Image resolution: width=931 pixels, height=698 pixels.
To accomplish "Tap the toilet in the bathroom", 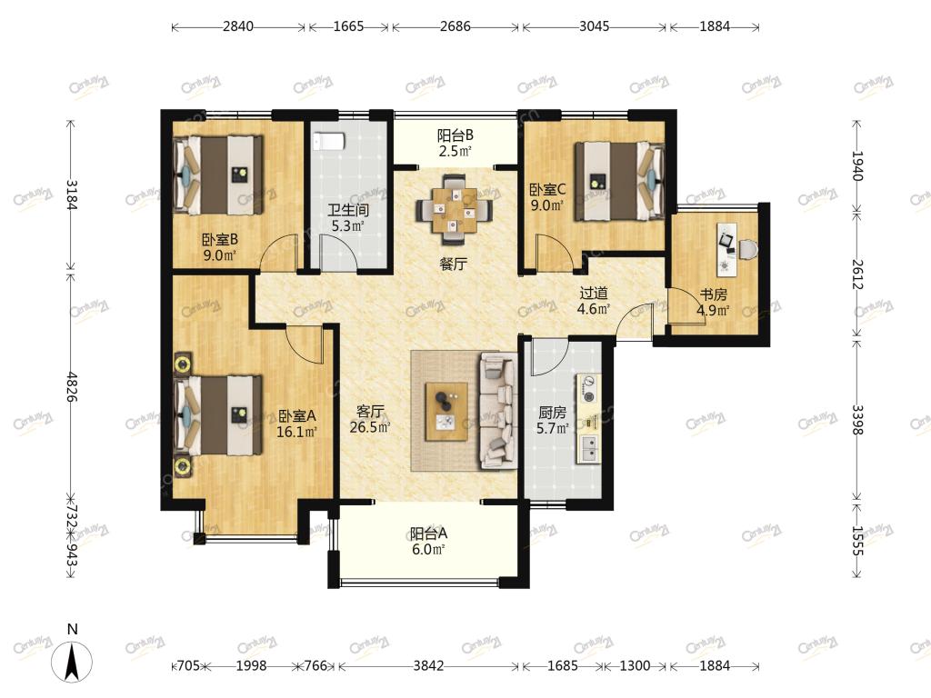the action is (328, 141).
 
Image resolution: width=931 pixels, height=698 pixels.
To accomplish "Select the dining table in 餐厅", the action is (455, 210).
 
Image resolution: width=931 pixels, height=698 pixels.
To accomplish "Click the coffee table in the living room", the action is (446, 411).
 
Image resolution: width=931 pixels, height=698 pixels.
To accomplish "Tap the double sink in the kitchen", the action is (589, 449).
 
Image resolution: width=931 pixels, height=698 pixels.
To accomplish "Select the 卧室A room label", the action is (297, 416).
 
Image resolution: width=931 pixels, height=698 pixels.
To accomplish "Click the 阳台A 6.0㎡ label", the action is (428, 542).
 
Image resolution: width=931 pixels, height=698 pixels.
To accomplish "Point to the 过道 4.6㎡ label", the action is (594, 300).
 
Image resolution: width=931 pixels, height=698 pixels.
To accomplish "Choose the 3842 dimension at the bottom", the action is (428, 666).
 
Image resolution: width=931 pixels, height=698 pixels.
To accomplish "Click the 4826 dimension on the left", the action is (71, 386).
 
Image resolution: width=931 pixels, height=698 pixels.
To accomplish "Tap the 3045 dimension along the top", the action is (595, 26).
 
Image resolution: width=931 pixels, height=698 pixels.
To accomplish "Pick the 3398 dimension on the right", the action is (856, 420).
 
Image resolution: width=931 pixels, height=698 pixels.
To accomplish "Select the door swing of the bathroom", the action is (338, 253).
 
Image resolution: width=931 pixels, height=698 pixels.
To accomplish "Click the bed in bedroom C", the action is (618, 181).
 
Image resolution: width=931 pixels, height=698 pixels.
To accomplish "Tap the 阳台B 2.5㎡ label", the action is (455, 143).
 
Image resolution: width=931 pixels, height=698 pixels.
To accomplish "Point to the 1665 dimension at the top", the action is (348, 26).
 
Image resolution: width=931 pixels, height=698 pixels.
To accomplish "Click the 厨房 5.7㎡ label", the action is (552, 419).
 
